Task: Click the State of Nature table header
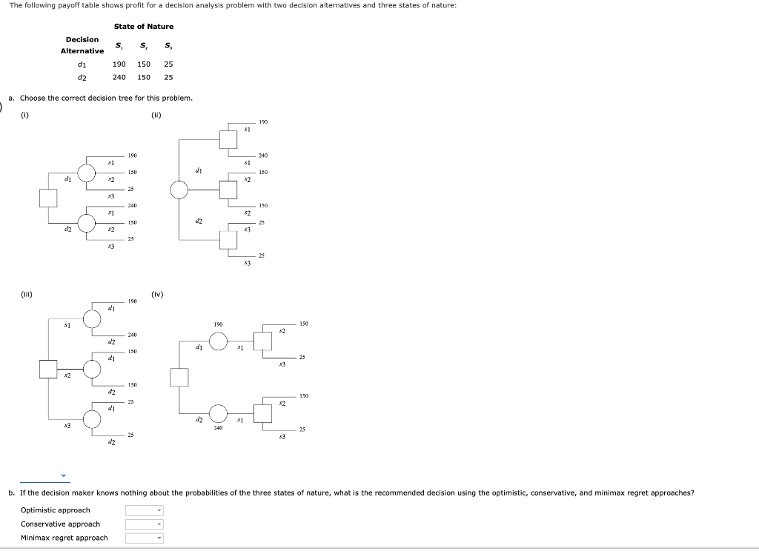144,27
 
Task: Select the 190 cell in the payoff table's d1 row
119,64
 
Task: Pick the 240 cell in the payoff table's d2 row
119,77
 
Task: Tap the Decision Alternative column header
82,45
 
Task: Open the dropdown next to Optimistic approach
143,510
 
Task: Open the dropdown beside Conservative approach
143,524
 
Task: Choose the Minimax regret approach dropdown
143,538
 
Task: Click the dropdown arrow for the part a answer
63,476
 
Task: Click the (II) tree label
156,115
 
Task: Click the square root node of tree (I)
48,198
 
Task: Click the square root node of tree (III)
49,368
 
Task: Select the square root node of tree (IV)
179,377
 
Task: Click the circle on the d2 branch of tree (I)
87,222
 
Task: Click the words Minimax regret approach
64,538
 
